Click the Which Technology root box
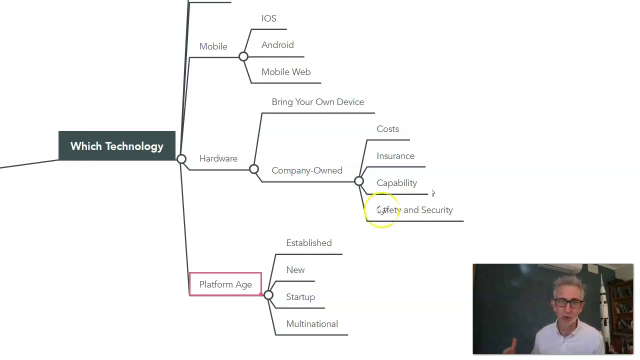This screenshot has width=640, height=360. coord(117,146)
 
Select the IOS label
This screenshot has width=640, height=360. coord(268,18)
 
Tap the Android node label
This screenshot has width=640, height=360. coord(277,45)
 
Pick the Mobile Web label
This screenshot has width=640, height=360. coord(286,72)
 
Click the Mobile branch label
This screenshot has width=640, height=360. coord(213,46)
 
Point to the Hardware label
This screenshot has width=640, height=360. coord(218,158)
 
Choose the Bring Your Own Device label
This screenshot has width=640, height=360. coord(317,102)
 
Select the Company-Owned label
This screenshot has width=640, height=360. coord(307,170)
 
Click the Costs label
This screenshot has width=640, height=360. coord(387,129)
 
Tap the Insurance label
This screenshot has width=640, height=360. coord(395,156)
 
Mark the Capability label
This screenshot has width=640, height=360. coord(396,183)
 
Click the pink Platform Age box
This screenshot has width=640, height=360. coord(225,284)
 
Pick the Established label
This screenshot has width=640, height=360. coord(308,243)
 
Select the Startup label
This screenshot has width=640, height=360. coord(300,297)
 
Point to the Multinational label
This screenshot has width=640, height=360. coord(312,324)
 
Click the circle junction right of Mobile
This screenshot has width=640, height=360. coord(243,56)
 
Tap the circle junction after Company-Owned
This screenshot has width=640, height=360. coord(359,181)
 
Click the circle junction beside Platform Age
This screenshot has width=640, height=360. coord(268,295)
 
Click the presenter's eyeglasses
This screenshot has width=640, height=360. coord(569,303)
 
